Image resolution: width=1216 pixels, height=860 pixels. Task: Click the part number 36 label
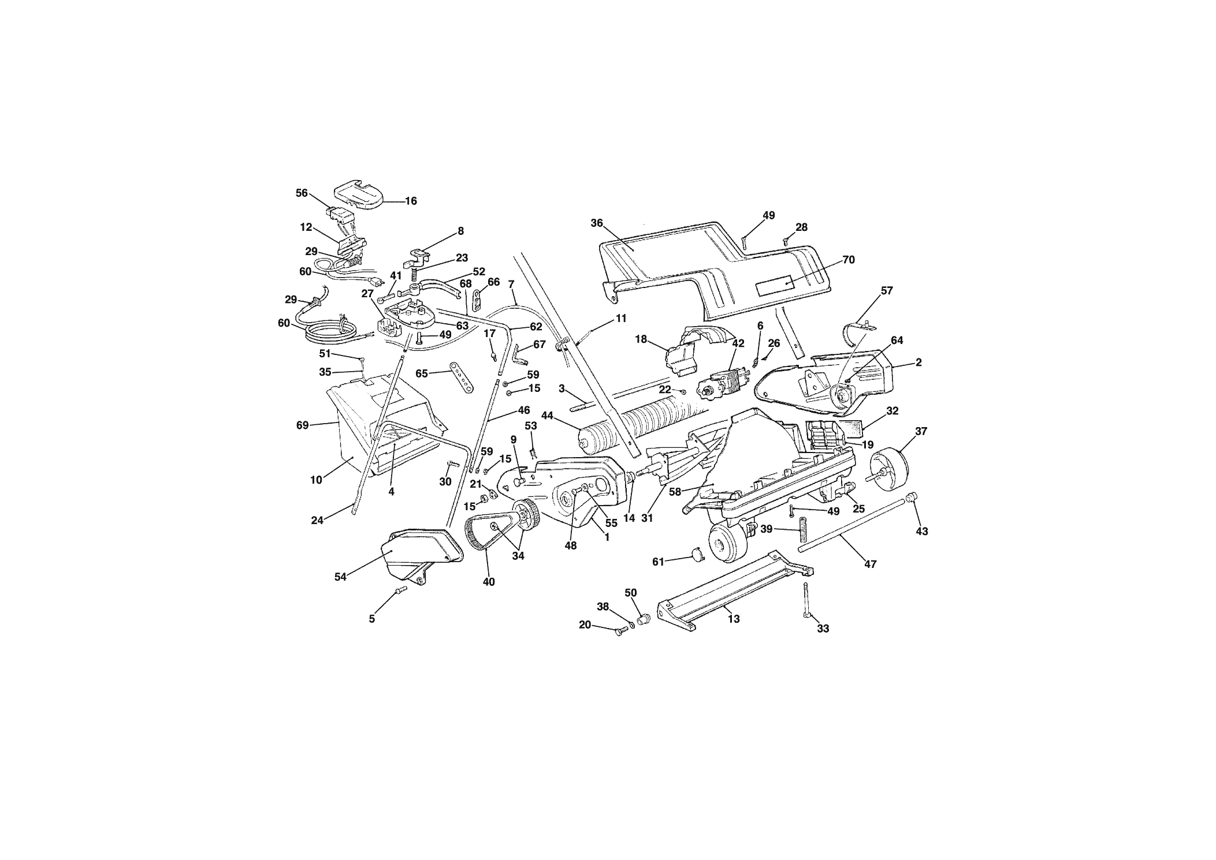coord(597,223)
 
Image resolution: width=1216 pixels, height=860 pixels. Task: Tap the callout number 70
coord(848,260)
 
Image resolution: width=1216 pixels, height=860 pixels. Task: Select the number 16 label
coord(410,201)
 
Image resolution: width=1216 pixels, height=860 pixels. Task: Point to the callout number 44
coord(547,415)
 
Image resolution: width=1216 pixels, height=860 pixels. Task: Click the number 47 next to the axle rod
coord(870,564)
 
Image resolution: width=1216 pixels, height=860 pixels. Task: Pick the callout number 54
coord(340,577)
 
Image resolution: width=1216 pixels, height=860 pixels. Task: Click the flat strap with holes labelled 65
coord(462,377)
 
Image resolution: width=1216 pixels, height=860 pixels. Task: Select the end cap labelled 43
coord(911,497)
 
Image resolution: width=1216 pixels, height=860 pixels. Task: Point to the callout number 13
coord(734,619)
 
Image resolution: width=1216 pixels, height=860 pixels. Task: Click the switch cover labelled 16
coord(358,196)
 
